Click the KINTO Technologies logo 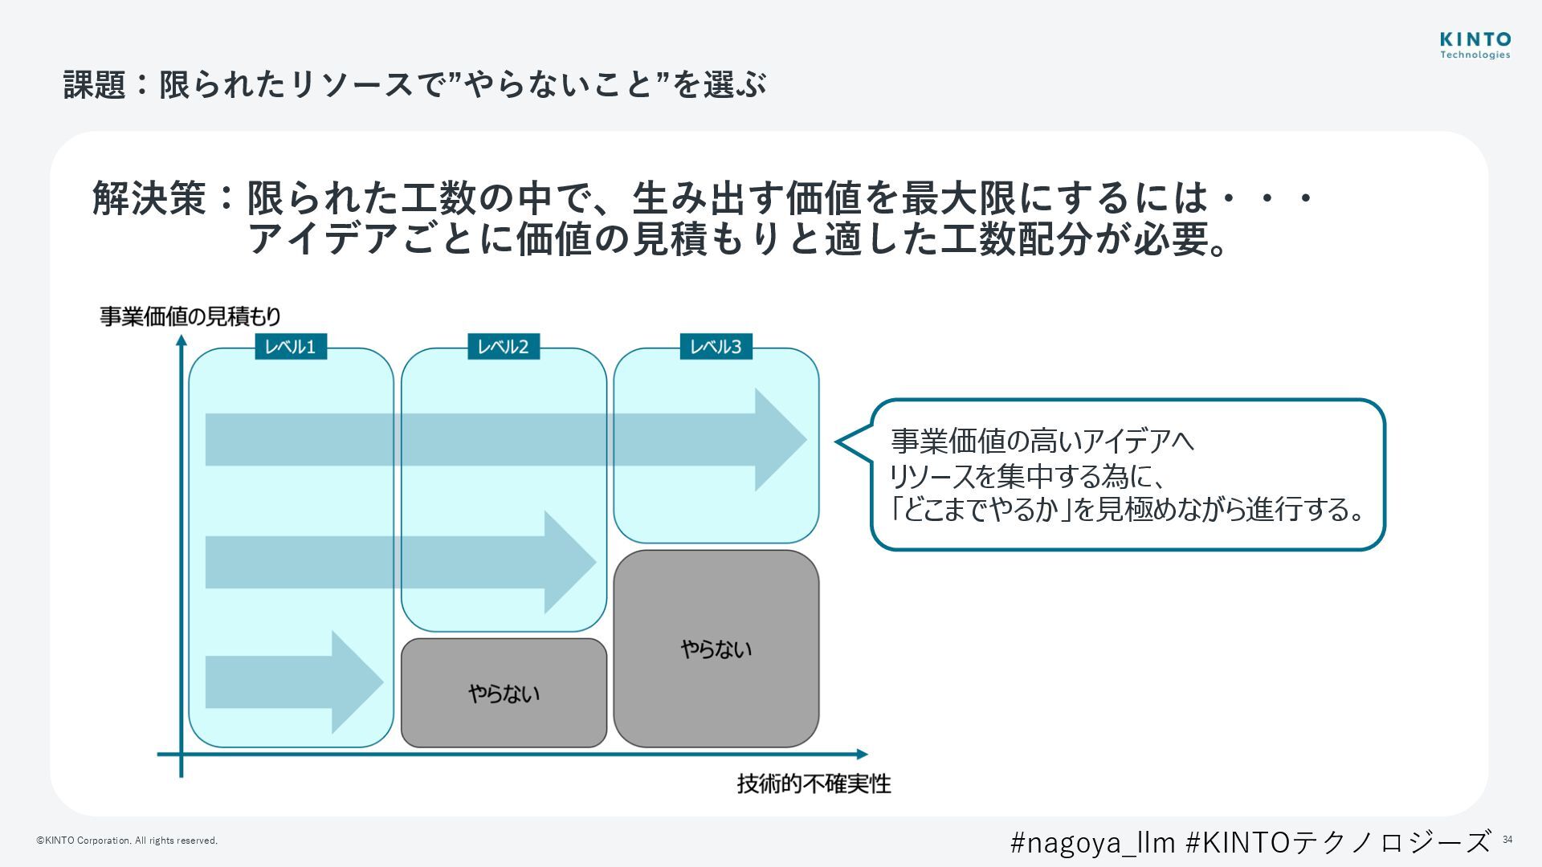tap(1475, 46)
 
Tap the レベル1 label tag tap(291, 347)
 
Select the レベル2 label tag tap(504, 347)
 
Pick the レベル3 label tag tap(716, 347)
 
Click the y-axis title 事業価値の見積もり tap(190, 316)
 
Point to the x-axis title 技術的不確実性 tap(814, 784)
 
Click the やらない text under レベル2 tap(504, 694)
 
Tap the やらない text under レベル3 tap(716, 649)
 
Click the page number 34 tap(1507, 840)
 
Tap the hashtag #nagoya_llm tap(1092, 842)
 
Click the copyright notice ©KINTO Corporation tap(127, 841)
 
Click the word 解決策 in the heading tap(150, 197)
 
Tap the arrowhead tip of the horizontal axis tap(866, 754)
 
